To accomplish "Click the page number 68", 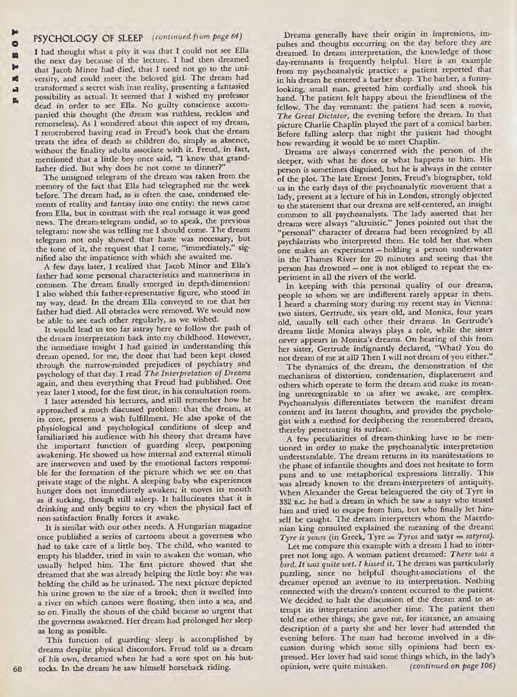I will (17, 668).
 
